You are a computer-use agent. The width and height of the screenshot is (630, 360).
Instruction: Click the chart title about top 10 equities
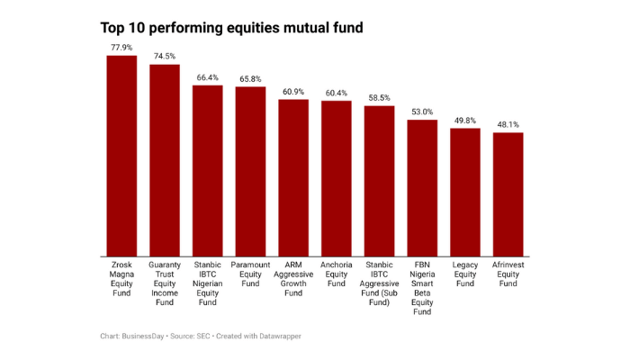click(231, 28)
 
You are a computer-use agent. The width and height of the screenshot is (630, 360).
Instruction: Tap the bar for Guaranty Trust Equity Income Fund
click(165, 159)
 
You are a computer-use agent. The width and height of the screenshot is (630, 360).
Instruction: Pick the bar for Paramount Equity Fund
click(250, 170)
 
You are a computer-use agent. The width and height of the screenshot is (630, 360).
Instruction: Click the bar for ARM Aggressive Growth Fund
click(293, 176)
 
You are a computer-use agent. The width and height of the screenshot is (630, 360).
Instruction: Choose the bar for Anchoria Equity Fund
click(337, 177)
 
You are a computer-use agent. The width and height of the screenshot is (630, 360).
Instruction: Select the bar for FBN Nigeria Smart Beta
click(422, 186)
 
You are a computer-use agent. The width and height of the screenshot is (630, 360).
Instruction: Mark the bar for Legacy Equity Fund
click(465, 191)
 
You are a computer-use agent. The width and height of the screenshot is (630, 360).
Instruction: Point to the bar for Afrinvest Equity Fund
click(508, 193)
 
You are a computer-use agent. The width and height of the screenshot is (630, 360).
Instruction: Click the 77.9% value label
click(121, 47)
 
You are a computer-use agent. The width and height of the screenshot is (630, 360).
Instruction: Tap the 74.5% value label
click(165, 56)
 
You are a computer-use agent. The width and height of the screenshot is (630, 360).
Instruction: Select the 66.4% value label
click(208, 76)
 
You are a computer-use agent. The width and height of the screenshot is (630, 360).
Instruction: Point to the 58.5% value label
click(379, 97)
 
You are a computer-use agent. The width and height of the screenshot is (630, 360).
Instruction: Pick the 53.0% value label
click(422, 112)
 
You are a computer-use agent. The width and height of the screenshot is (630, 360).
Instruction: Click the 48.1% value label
click(508, 124)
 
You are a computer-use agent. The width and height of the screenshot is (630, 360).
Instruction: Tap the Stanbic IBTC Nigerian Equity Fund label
click(208, 283)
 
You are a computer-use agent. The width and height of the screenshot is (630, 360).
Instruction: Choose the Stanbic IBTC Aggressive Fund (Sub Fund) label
click(379, 283)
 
